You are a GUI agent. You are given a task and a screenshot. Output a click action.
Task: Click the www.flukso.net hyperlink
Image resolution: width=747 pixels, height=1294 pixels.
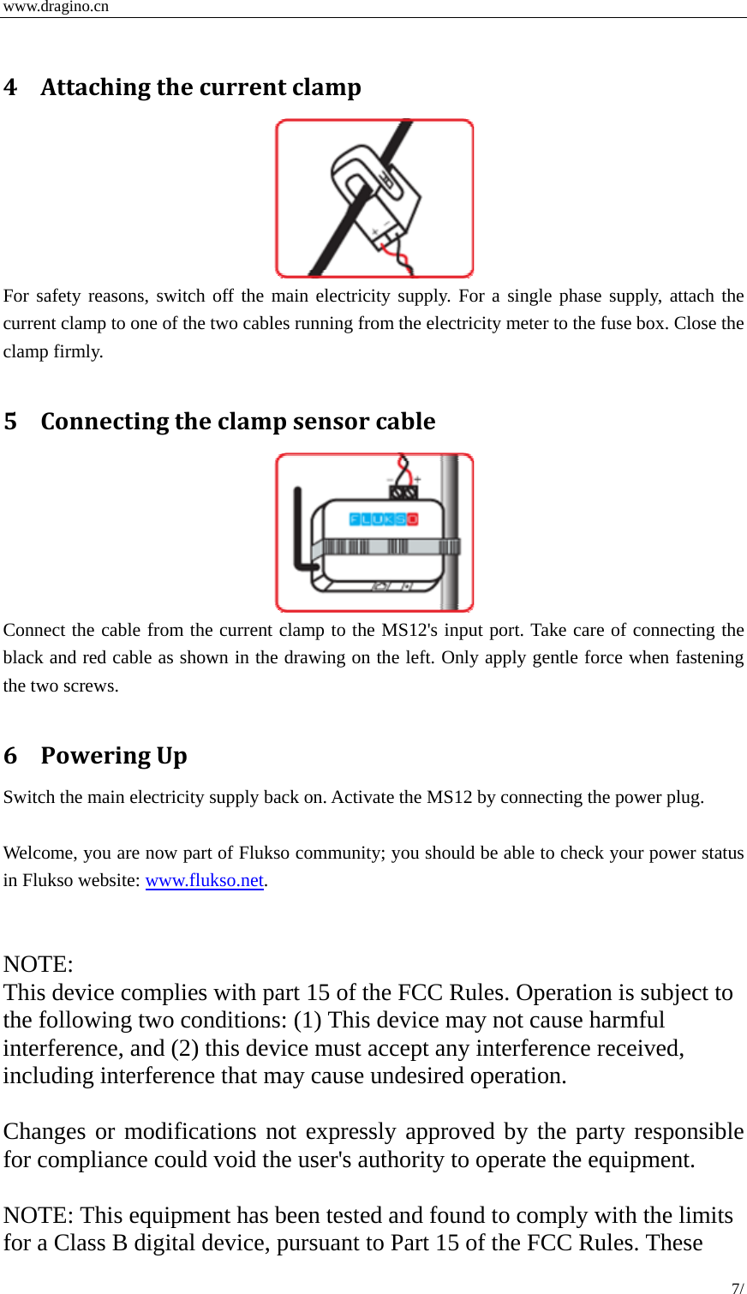pos(204,880)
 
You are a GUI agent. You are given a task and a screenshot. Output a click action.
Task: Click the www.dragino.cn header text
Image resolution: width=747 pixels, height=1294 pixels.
pos(57,7)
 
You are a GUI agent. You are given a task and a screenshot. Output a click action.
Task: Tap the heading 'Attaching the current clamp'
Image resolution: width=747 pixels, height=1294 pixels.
pos(200,87)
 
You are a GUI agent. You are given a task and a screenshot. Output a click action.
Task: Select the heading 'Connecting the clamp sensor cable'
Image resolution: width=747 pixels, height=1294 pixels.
pos(238,422)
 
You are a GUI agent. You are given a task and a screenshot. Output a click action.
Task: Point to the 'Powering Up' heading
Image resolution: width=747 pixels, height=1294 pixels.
pos(114,756)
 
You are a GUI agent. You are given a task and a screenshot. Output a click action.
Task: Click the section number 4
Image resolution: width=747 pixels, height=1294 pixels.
pos(10,87)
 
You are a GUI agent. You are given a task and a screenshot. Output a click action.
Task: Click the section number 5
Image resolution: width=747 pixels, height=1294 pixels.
pos(10,422)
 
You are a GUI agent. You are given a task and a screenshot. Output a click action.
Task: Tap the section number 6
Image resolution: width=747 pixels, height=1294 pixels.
pos(10,756)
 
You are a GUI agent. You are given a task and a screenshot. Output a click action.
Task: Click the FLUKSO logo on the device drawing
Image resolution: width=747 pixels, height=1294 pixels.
pos(383,519)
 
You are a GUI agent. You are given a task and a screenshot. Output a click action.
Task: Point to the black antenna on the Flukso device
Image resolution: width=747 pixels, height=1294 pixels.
pos(298,531)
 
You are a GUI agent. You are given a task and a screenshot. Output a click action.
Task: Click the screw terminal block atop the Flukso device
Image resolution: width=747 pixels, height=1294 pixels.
pos(403,493)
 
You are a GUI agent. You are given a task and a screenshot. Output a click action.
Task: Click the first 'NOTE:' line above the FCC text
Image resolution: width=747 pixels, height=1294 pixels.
pos(39,964)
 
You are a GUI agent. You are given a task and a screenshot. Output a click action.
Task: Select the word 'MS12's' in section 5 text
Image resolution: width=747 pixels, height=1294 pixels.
pos(409,630)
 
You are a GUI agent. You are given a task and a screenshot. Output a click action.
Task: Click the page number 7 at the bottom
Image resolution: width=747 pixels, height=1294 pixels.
pos(736,1287)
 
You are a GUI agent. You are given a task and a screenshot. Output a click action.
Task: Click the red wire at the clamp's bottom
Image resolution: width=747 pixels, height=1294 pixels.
pos(397,255)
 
